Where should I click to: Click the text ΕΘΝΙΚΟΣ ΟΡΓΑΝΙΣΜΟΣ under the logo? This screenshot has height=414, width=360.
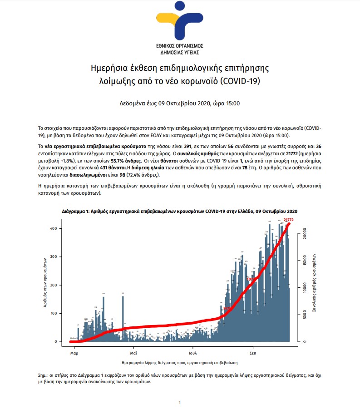tap(180, 46)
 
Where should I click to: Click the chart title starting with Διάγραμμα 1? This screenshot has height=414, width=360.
tap(180, 212)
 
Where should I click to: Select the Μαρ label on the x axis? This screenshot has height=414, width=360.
tap(74, 353)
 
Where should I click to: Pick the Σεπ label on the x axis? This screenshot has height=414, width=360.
tap(253, 353)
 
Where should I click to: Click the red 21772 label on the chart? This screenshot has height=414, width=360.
tap(289, 220)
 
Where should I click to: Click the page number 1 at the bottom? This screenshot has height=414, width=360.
tap(180, 402)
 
